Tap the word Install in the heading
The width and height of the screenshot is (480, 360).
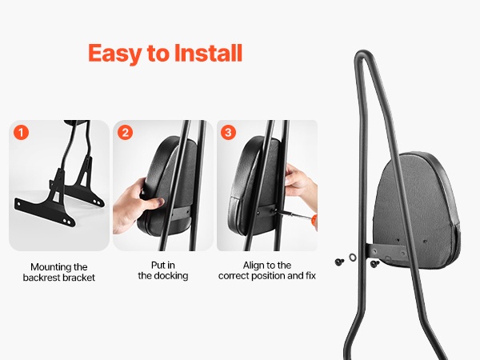point(208,53)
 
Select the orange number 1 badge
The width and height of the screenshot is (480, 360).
point(21,133)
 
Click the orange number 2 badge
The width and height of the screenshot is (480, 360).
point(126,133)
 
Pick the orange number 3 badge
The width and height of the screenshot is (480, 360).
point(228,133)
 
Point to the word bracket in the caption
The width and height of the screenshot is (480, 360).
point(79,278)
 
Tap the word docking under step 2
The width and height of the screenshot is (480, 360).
point(171,276)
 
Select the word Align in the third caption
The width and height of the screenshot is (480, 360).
point(254,266)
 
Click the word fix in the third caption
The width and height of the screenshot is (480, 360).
point(310,276)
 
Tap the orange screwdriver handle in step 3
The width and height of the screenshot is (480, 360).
point(314,222)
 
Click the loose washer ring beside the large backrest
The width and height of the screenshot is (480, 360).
point(352,257)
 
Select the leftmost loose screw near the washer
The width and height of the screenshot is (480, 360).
point(339,262)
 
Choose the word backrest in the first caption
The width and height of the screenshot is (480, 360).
point(42,278)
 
